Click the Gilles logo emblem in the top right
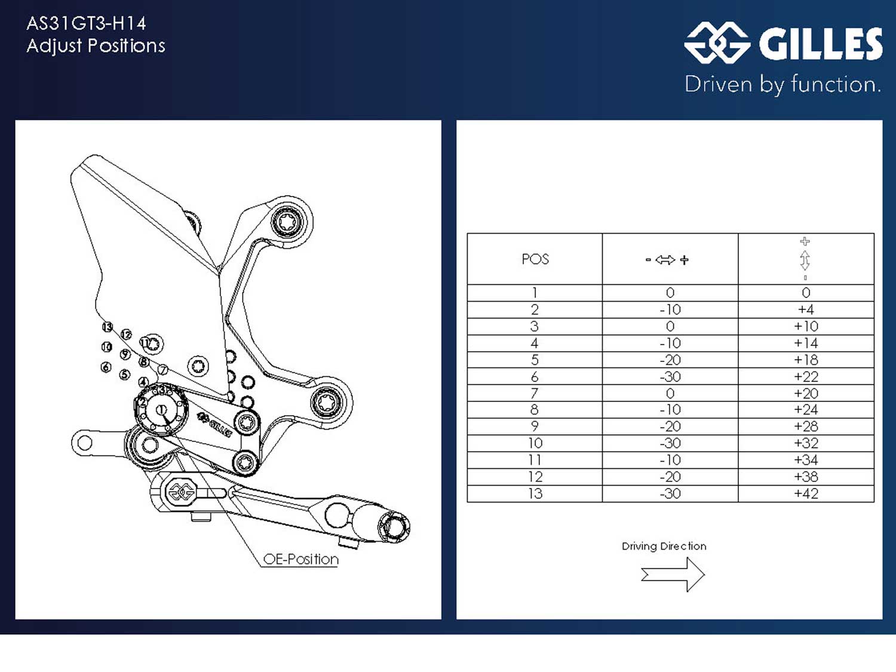coord(717,43)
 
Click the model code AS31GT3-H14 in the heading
coord(86,23)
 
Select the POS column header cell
coord(535,259)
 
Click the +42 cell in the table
coord(806,493)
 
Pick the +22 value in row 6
coord(806,376)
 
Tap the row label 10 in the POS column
coord(535,443)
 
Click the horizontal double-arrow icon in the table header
coord(665,260)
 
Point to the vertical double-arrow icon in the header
coord(805,260)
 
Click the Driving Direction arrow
coord(673,575)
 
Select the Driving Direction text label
coord(664,546)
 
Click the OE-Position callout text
coord(300,559)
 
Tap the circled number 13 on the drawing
coord(108,327)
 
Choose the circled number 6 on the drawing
coord(106,367)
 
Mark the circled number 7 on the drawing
coord(162,370)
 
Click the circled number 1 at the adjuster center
coord(162,410)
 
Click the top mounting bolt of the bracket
coord(288,222)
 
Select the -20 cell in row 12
coord(670,477)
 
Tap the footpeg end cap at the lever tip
coord(393,527)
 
